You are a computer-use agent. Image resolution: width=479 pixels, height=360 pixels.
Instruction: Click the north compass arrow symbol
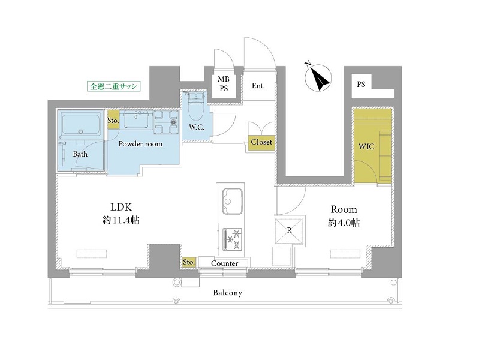(x=318, y=78)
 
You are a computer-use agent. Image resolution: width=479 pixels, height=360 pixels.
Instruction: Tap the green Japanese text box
(x=114, y=86)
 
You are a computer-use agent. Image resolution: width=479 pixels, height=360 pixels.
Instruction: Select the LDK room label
(x=121, y=208)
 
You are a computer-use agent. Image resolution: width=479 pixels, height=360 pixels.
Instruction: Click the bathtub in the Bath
(x=81, y=124)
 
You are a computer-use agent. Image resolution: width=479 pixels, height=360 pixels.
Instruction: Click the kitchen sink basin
(x=232, y=201)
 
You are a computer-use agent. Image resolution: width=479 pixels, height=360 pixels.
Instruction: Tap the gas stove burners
(x=233, y=239)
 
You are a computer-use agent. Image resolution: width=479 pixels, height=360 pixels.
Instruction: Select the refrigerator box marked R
(x=289, y=230)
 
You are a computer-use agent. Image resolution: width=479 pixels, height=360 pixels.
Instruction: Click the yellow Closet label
(x=261, y=142)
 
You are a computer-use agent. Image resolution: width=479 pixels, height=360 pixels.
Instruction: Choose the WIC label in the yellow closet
(x=366, y=146)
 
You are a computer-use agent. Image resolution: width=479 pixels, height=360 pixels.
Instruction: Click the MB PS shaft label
(x=224, y=84)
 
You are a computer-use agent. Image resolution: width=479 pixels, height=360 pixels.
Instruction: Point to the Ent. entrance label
(x=258, y=86)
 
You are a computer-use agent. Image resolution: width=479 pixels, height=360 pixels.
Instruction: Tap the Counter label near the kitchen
(x=225, y=263)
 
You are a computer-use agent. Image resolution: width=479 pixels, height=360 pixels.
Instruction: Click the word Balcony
(x=228, y=293)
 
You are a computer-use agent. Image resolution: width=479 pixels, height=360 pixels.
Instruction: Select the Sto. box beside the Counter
(x=189, y=262)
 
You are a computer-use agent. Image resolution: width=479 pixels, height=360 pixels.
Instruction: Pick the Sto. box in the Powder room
(x=113, y=121)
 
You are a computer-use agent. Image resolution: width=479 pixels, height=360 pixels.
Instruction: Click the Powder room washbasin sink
(x=136, y=119)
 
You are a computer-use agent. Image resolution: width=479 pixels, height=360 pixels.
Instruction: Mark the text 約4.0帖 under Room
(x=344, y=223)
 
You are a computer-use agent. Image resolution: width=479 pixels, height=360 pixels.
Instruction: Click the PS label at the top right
(x=361, y=84)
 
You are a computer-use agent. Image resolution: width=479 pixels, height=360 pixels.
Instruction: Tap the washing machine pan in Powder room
(x=166, y=122)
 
